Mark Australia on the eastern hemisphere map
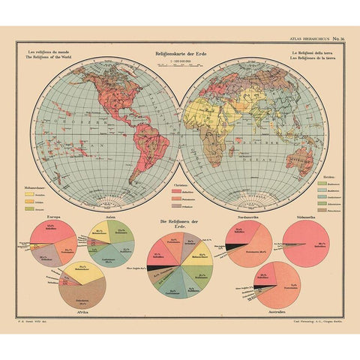tap(303, 159)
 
